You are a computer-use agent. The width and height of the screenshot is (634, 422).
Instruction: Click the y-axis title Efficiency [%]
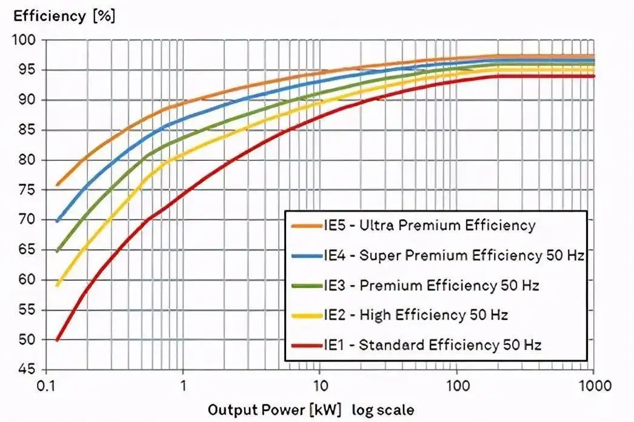click(x=64, y=16)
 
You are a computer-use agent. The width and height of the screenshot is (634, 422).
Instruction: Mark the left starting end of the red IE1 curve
click(x=57, y=340)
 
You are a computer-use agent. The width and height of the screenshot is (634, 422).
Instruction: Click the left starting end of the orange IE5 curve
click(x=57, y=185)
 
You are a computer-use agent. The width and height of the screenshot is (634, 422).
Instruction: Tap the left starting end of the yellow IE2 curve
click(x=57, y=285)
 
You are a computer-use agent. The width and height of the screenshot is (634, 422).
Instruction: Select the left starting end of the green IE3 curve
click(x=57, y=251)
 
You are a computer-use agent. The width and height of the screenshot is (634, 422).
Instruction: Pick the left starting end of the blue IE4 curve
click(x=57, y=221)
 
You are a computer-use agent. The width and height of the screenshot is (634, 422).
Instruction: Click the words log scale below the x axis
click(x=385, y=409)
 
